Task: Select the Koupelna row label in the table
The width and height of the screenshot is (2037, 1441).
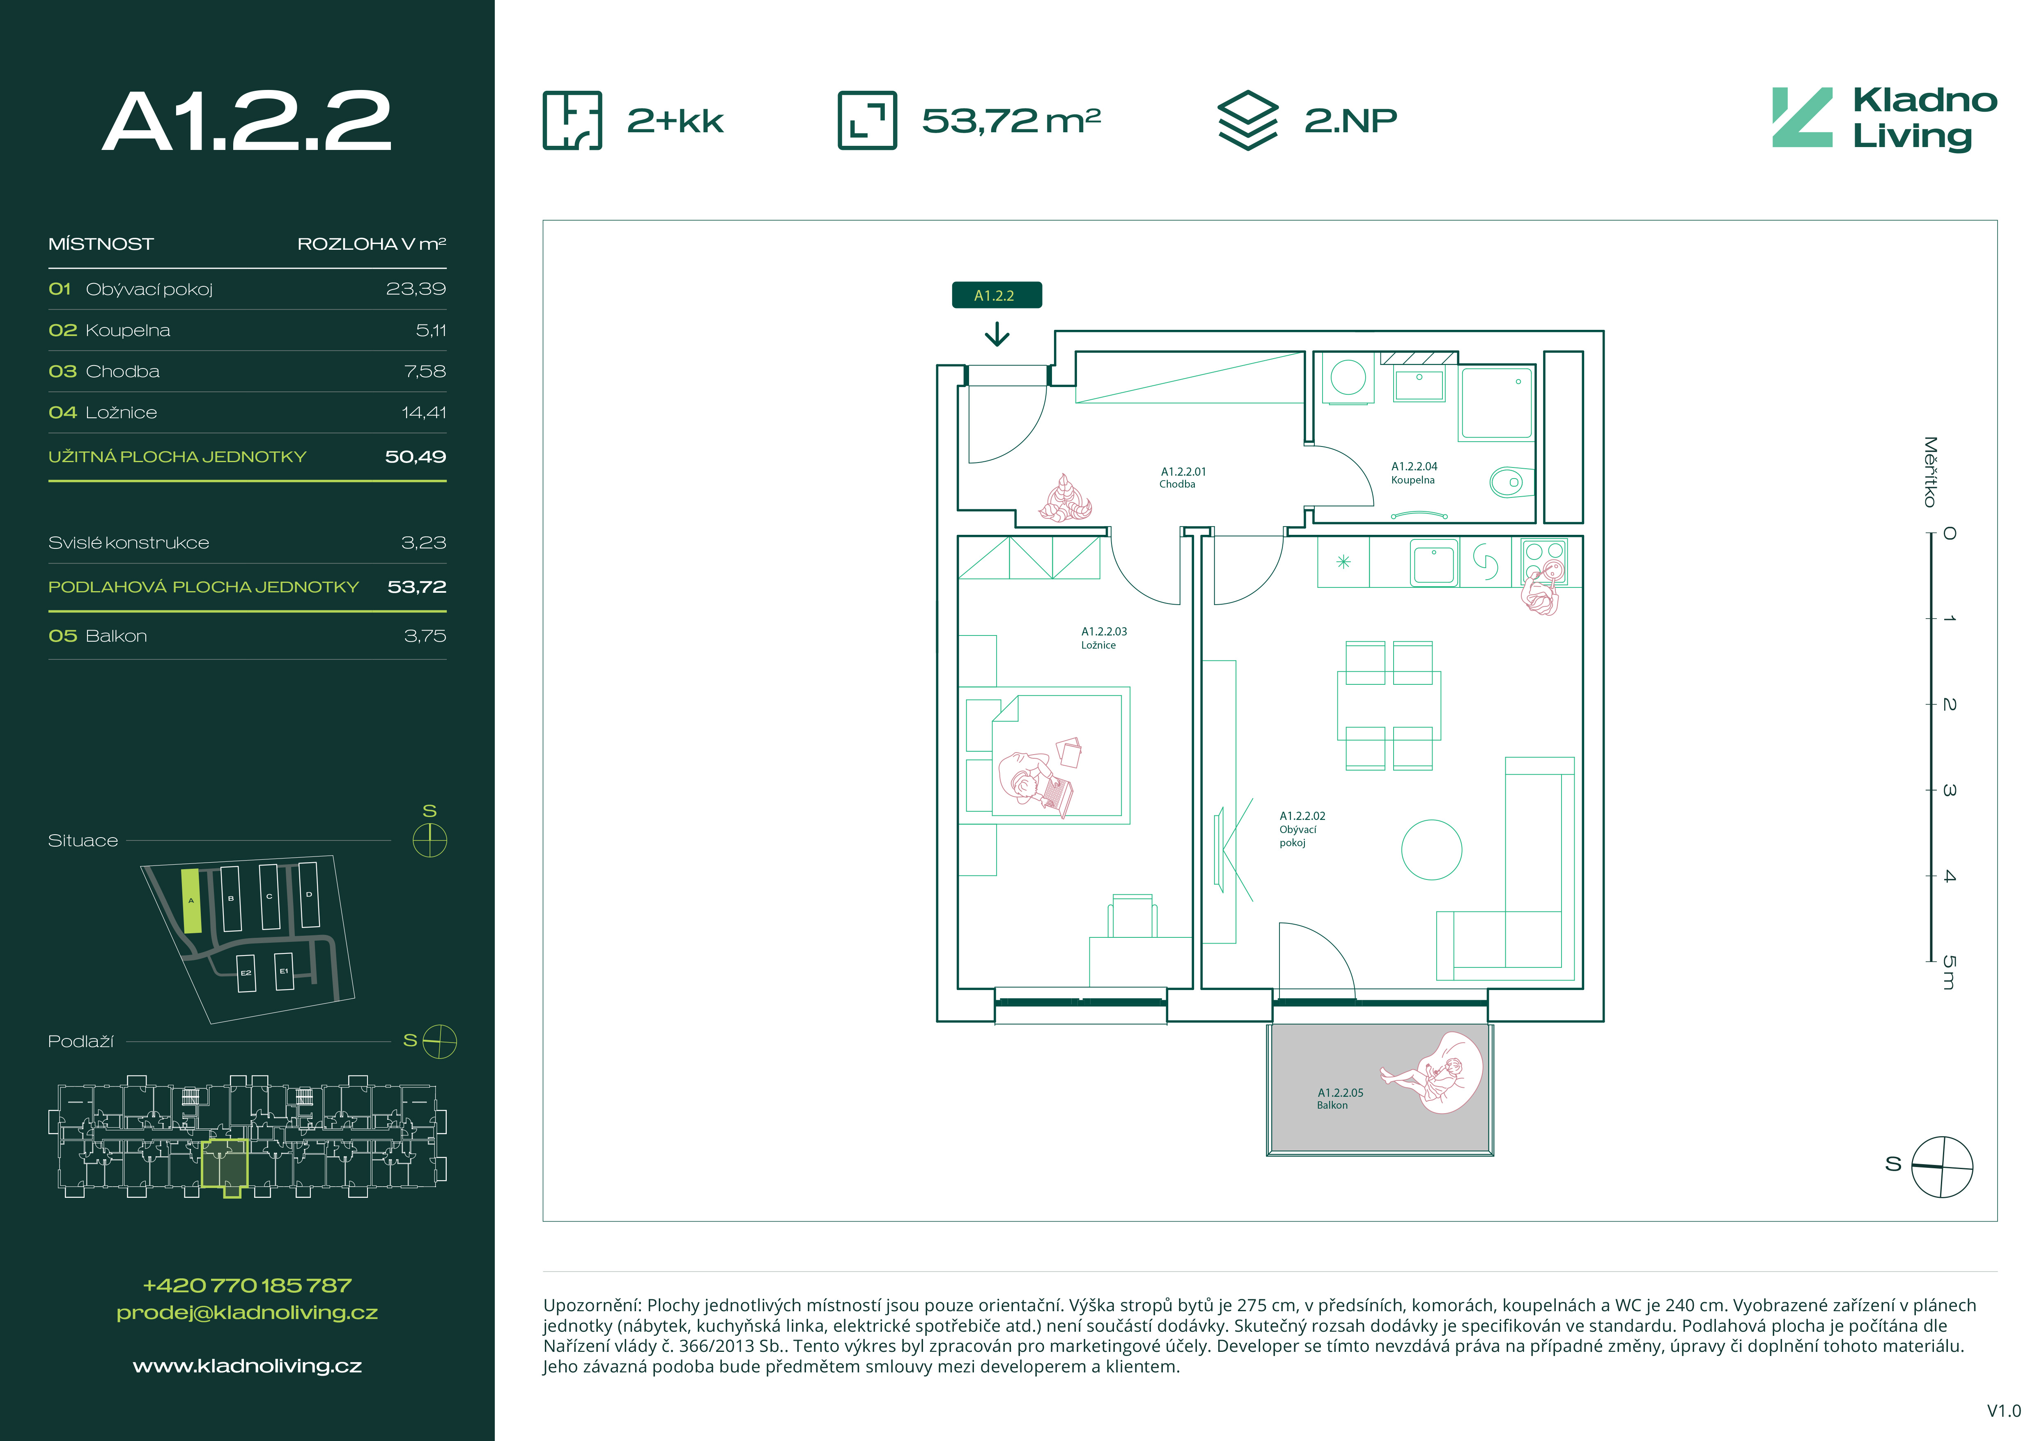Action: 128,330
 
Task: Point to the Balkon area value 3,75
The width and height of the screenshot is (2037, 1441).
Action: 425,636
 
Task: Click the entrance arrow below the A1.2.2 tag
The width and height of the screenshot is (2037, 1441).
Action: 997,334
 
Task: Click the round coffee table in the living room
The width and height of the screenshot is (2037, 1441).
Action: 1431,849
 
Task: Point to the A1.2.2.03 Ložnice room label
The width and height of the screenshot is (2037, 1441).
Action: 1104,638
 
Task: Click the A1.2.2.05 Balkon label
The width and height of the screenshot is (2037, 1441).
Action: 1340,1098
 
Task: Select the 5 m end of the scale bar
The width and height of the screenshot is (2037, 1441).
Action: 1931,960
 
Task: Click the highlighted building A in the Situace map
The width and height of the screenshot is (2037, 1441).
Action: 191,900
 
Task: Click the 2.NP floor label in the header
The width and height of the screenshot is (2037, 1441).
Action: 1350,120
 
